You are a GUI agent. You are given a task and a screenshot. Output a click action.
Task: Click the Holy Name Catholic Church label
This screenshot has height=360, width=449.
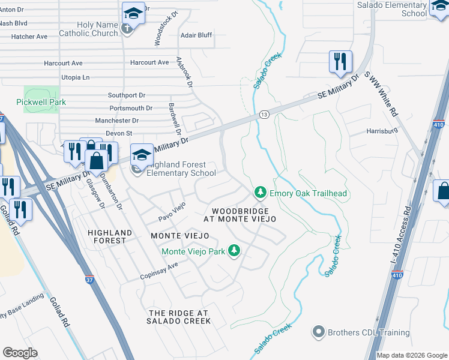click(88, 29)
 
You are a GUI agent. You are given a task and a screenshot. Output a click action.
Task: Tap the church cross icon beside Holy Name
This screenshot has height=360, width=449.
click(127, 28)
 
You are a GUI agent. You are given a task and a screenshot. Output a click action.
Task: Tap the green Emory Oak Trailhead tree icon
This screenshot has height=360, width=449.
click(260, 192)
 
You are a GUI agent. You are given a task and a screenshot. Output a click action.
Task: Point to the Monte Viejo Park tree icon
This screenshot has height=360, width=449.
click(237, 251)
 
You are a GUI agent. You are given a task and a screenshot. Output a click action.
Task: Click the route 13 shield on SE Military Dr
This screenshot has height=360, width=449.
click(264, 114)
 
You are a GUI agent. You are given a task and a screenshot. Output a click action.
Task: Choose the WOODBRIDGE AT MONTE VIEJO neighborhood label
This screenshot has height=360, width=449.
click(243, 215)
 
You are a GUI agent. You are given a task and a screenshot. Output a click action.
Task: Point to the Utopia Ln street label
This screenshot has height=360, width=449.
click(75, 77)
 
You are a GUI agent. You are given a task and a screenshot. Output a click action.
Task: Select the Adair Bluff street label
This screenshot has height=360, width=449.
click(196, 35)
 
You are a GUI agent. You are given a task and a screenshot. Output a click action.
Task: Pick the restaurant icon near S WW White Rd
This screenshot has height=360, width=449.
click(340, 62)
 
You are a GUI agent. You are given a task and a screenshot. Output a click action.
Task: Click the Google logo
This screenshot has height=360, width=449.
click(20, 353)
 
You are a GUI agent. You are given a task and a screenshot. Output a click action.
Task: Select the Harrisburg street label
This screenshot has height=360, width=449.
click(382, 131)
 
